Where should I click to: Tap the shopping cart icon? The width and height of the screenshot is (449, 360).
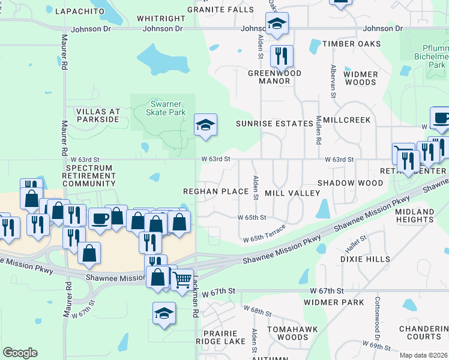point(181,278)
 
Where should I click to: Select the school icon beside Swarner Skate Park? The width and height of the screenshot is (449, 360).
point(205,125)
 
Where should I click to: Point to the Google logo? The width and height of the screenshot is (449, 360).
point(20,353)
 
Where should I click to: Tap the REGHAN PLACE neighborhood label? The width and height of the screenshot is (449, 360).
point(216,191)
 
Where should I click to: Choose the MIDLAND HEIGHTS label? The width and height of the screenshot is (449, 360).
point(414,217)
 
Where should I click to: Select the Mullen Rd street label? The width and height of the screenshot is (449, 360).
point(319,131)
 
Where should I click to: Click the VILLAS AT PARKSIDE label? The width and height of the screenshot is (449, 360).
point(97,116)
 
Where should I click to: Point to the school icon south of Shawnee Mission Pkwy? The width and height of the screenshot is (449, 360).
point(164,313)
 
